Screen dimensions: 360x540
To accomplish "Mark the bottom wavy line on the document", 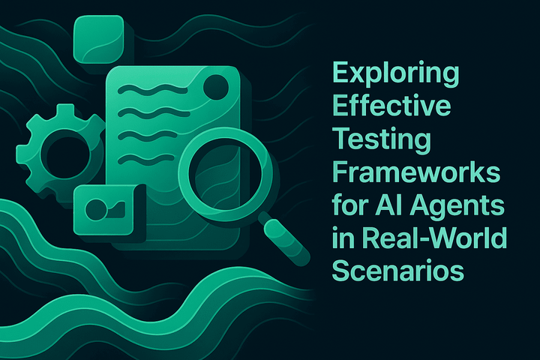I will [x=142, y=158].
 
